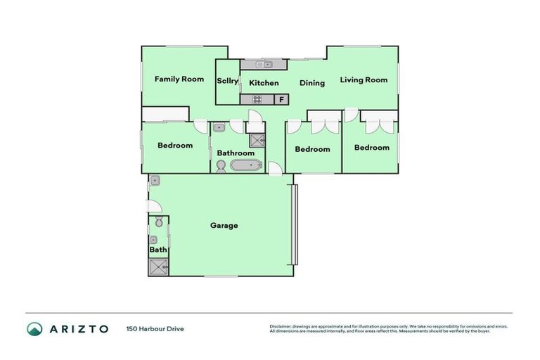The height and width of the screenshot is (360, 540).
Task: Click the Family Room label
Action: click(x=179, y=79)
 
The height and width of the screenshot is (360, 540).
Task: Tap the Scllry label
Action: click(x=227, y=82)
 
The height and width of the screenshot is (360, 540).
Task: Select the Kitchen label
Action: click(x=264, y=83)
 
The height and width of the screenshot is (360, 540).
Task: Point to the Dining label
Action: click(x=312, y=83)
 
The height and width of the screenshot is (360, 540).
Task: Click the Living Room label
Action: click(x=364, y=80)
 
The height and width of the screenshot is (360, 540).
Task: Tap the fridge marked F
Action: click(x=282, y=100)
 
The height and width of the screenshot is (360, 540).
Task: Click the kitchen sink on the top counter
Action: click(x=264, y=65)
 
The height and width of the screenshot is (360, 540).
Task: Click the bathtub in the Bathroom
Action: click(x=245, y=166)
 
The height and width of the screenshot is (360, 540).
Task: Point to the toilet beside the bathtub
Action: click(x=221, y=166)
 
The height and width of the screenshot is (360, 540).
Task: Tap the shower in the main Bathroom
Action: click(x=257, y=139)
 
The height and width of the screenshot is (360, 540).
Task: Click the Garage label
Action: click(x=224, y=226)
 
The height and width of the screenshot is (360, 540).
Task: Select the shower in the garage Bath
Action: click(x=157, y=266)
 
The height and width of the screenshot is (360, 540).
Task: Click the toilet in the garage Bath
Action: click(x=159, y=223)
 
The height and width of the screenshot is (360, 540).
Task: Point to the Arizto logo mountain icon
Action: click(x=34, y=328)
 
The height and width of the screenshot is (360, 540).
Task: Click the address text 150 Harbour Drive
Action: click(x=155, y=328)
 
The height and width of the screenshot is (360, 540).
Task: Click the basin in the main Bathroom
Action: click(x=219, y=128)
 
